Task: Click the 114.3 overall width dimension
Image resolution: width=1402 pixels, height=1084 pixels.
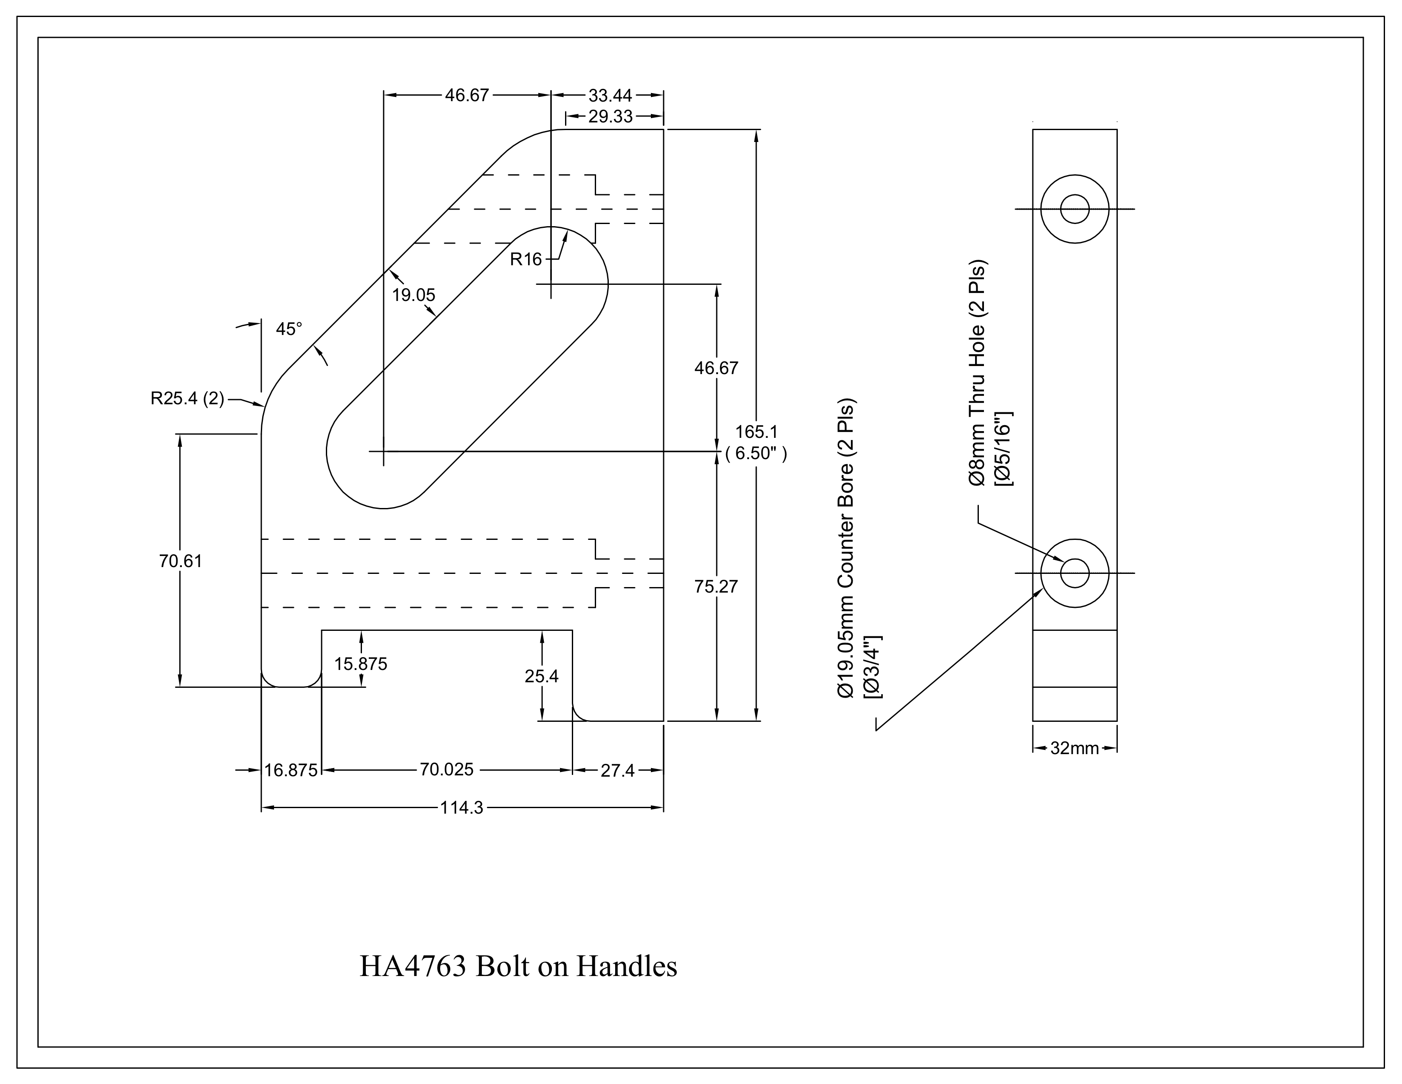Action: click(x=461, y=808)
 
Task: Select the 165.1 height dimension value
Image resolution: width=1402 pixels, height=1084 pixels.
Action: click(x=756, y=431)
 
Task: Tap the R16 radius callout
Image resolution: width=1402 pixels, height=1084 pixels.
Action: click(x=526, y=259)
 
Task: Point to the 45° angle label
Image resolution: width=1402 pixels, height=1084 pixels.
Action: click(x=289, y=329)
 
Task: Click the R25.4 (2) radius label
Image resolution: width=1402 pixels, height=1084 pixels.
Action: click(x=187, y=399)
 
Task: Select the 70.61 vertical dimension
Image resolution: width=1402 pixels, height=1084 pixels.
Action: click(x=181, y=561)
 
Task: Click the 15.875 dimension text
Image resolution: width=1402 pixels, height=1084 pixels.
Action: click(x=361, y=664)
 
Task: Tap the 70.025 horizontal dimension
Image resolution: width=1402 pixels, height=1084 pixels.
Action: click(x=447, y=769)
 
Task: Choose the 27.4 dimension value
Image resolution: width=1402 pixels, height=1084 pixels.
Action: click(x=618, y=771)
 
